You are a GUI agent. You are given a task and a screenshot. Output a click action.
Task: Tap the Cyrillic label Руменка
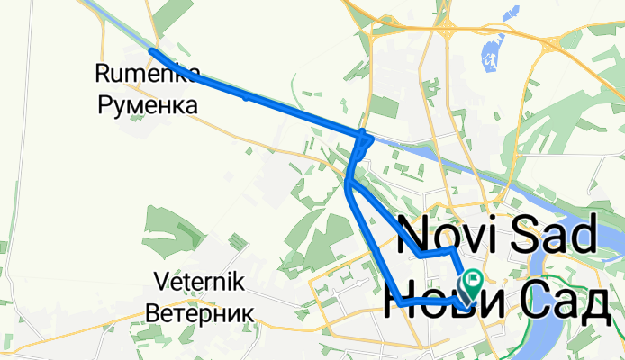pyautogui.click(x=147, y=105)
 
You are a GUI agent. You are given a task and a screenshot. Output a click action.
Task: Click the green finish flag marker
pyautogui.click(x=470, y=282)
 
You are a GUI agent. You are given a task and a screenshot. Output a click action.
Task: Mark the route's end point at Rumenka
pyautogui.click(x=151, y=52)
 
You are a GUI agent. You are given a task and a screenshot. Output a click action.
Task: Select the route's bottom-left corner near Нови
pyautogui.click(x=397, y=303)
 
